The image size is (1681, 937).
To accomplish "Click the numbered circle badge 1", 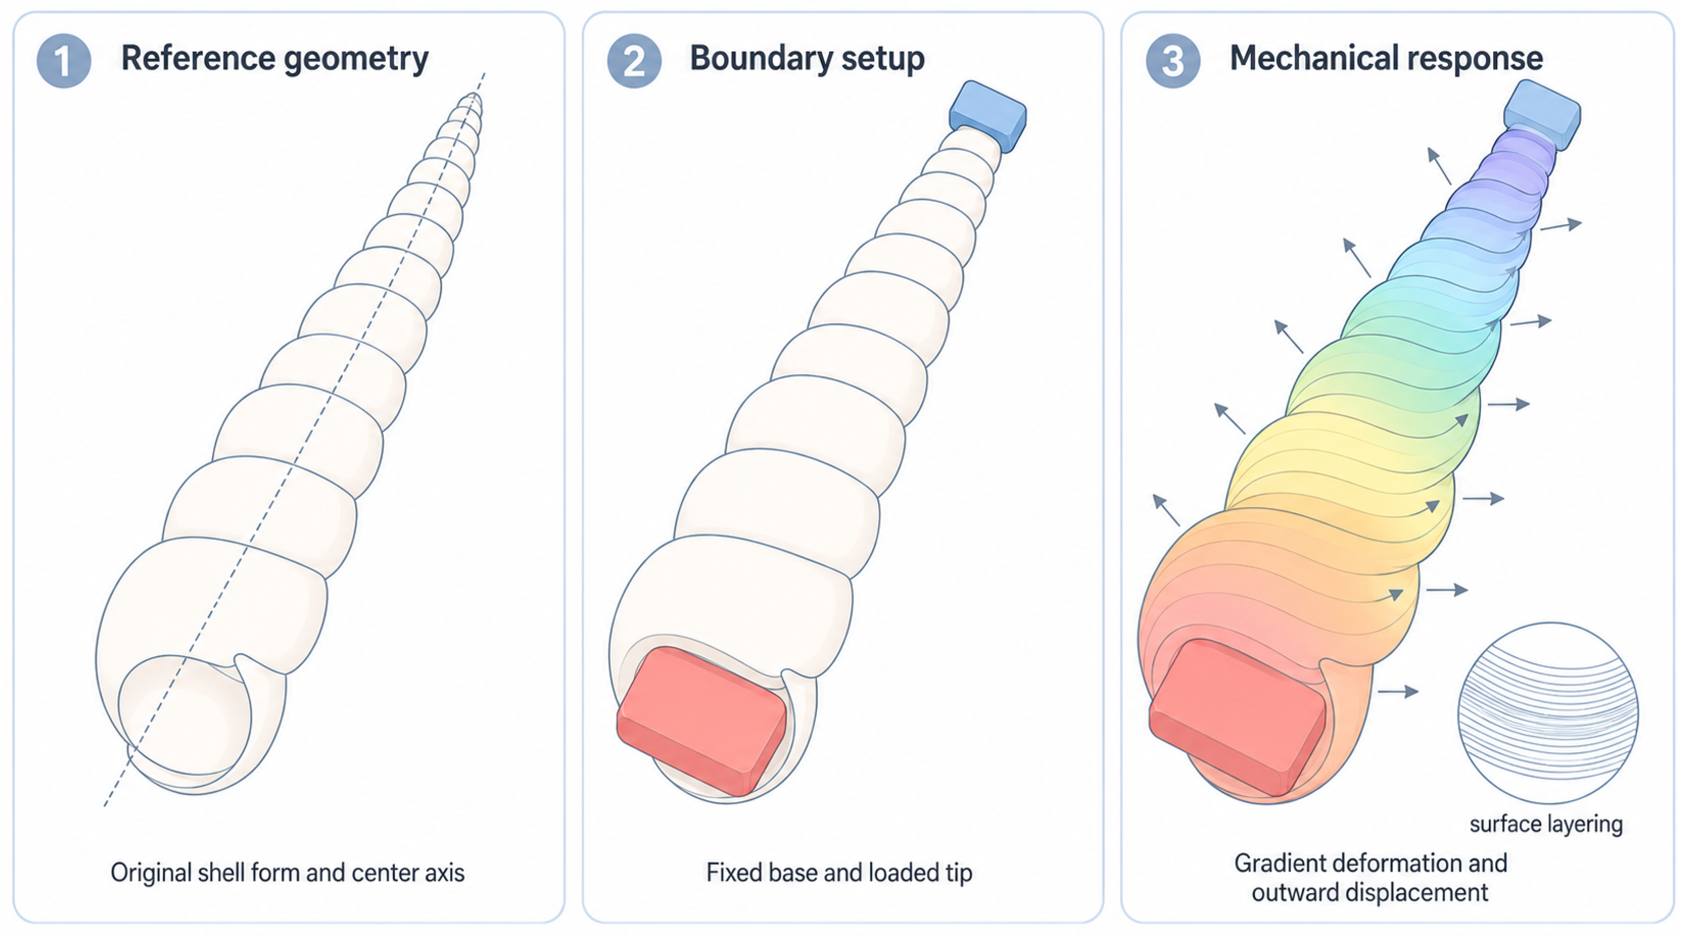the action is tap(64, 61).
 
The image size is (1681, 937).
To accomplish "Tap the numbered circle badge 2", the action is tap(633, 61).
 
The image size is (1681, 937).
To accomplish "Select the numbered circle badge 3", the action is tap(1172, 61).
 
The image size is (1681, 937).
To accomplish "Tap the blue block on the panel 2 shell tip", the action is tap(987, 116).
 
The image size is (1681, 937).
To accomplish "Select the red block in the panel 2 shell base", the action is tap(702, 721).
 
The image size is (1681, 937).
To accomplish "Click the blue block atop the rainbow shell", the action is tap(1542, 114).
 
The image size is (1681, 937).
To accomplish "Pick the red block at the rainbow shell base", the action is tap(1237, 717).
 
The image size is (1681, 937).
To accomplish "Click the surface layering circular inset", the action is tap(1548, 713).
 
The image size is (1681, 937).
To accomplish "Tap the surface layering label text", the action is tap(1546, 824).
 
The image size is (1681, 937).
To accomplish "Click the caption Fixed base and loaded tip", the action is tap(839, 872).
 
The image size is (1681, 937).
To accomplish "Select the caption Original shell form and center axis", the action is tap(288, 872).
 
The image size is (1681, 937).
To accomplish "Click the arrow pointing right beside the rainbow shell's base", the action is tap(1399, 691).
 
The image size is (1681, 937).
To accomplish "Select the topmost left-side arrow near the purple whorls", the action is tap(1439, 166).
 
